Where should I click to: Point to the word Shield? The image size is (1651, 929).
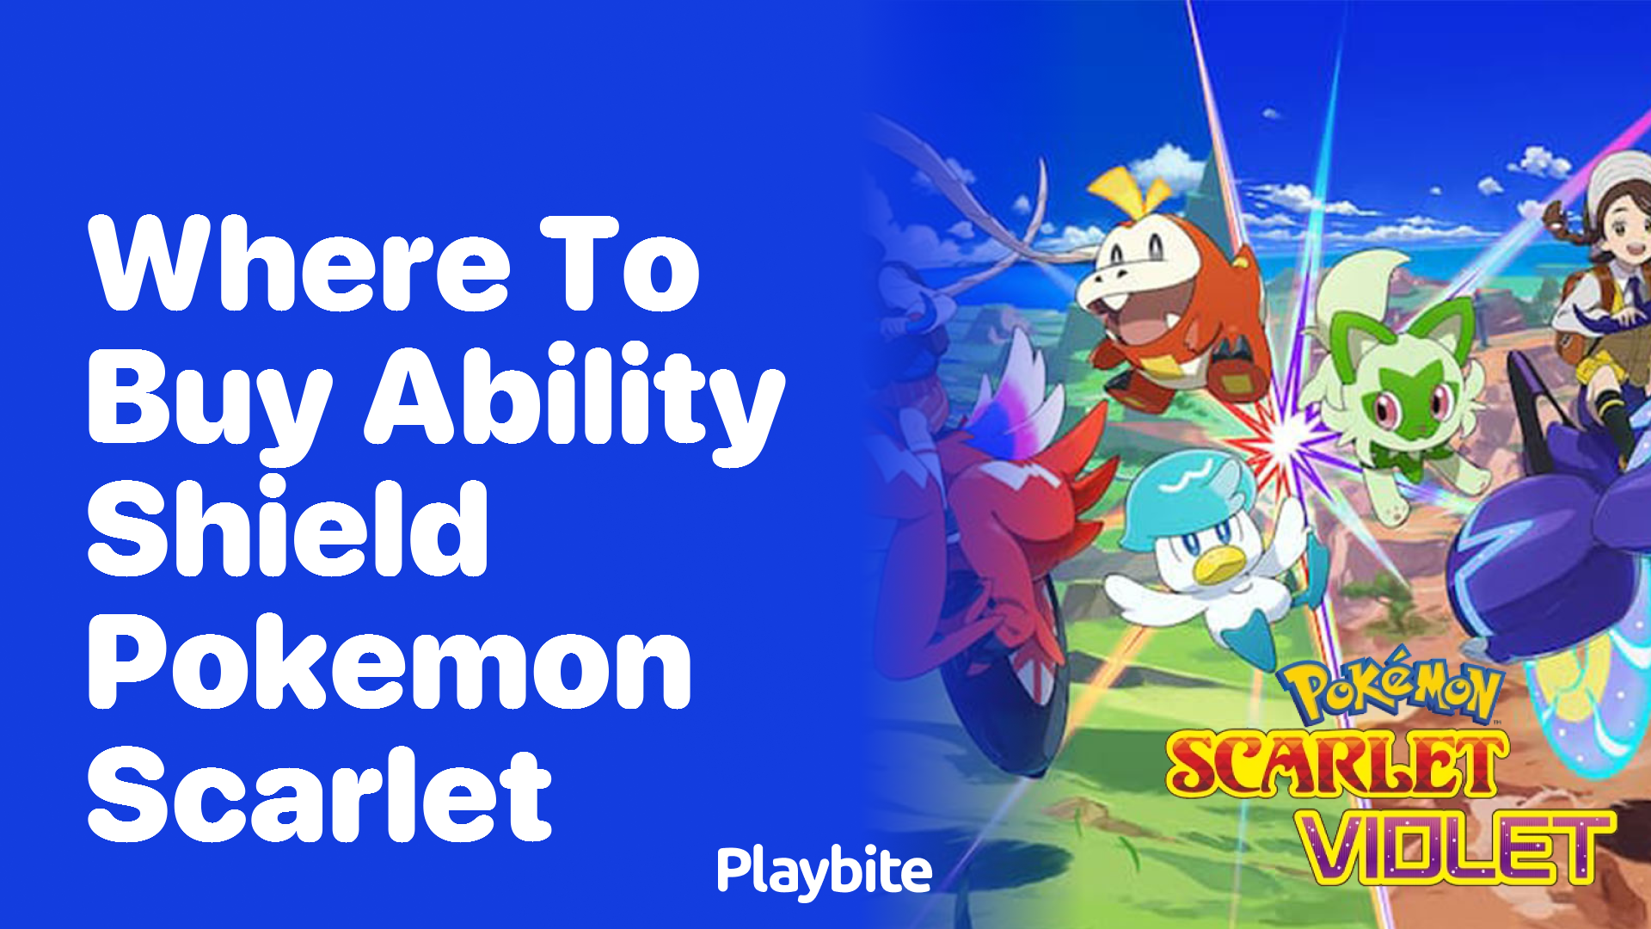tap(288, 528)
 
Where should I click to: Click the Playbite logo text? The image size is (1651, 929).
tap(824, 871)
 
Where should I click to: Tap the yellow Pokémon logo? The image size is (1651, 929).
tap(1389, 688)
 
